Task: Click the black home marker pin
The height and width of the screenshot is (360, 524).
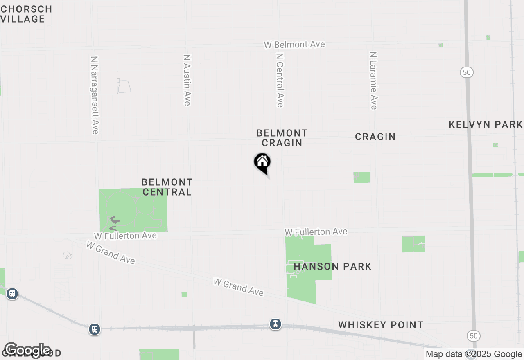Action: (x=262, y=162)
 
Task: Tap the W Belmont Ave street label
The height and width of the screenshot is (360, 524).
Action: (x=294, y=45)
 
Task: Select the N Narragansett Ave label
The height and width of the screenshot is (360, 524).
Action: (x=95, y=95)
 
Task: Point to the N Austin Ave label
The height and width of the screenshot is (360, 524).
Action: (x=187, y=80)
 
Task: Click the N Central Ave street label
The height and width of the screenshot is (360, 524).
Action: (x=280, y=80)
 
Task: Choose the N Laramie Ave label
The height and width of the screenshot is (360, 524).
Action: (x=373, y=80)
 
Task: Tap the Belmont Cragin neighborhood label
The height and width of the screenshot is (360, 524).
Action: (x=282, y=138)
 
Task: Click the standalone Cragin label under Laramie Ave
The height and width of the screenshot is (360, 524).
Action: (x=375, y=137)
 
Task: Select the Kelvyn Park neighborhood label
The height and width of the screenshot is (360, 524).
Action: (x=486, y=124)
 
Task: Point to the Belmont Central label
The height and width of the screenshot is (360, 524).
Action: (x=167, y=187)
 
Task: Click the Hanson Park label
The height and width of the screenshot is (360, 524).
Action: (x=332, y=267)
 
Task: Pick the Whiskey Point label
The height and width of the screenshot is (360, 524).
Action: (x=381, y=325)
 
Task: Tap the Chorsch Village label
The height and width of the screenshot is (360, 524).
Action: (x=26, y=14)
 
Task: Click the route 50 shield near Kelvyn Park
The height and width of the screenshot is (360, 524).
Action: (x=466, y=72)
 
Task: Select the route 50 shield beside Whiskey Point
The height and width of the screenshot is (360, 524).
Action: (x=474, y=336)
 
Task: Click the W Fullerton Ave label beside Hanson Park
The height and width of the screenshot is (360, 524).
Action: (x=316, y=232)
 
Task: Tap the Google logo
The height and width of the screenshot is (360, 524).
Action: (x=27, y=350)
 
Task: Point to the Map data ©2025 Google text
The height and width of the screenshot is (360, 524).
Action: (x=474, y=354)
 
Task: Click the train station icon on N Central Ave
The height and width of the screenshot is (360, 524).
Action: (x=276, y=324)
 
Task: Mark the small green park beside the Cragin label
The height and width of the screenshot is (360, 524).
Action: (x=362, y=177)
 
